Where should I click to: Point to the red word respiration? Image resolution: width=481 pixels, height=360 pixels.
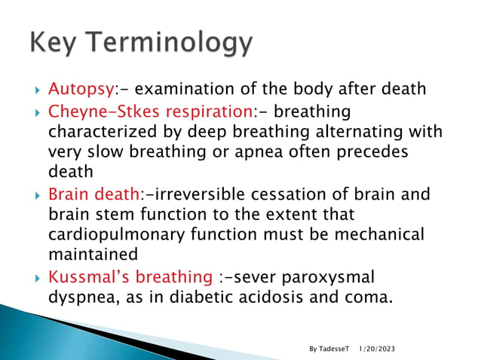pyautogui.click(x=208, y=112)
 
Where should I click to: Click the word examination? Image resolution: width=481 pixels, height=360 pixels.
pyautogui.click(x=188, y=90)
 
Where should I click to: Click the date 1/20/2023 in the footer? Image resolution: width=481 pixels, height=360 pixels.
pyautogui.click(x=376, y=349)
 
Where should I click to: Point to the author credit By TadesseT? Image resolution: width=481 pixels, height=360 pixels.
pyautogui.click(x=329, y=349)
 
